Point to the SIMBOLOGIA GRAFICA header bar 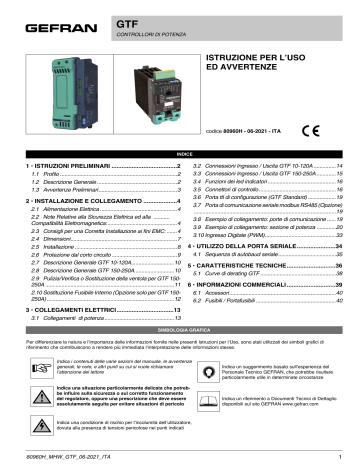point(180,300)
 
